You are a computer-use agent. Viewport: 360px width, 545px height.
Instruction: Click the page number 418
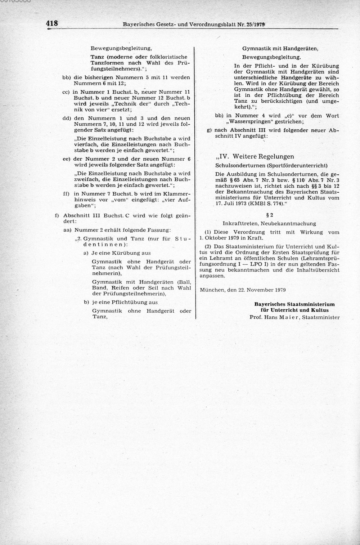52,24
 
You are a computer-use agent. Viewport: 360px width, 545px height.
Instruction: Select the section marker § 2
269,215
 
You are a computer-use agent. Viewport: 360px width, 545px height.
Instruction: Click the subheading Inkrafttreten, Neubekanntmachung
269,223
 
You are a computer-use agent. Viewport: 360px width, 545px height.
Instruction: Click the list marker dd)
67,118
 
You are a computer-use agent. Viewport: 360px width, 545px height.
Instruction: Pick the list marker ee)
67,158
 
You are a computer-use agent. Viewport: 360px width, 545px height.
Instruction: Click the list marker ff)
67,193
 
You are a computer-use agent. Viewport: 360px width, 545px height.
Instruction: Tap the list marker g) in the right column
209,130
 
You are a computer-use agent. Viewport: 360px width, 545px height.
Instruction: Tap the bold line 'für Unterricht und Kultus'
294,310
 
